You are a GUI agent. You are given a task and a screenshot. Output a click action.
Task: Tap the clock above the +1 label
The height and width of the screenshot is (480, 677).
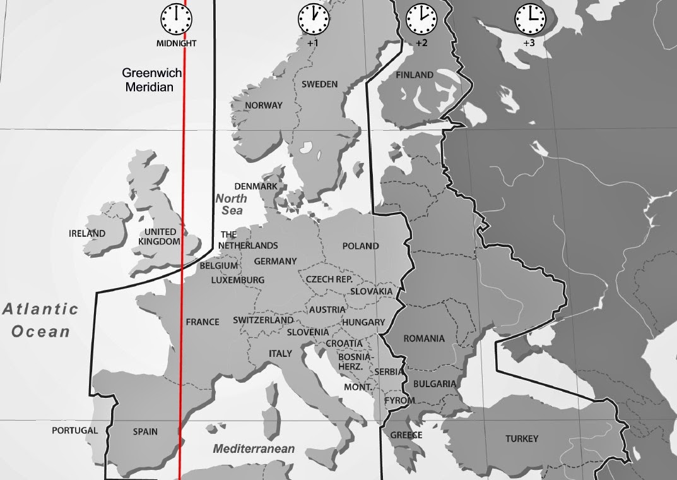coord(314,20)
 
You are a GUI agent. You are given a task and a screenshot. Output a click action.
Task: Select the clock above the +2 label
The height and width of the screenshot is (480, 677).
coord(421,20)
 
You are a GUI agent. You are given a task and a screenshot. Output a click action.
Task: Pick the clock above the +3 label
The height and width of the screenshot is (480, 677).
coord(530,20)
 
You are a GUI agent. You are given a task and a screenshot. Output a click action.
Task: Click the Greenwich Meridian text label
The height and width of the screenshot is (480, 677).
coord(152,80)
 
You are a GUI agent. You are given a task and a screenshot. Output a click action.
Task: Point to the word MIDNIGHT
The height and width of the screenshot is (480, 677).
coord(177,44)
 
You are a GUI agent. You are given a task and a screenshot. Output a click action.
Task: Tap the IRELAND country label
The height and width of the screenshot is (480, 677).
coord(87,234)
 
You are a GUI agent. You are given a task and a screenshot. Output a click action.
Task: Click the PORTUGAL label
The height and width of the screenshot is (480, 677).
coord(75,431)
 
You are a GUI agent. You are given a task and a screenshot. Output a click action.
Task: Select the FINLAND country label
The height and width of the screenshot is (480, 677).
coord(415,75)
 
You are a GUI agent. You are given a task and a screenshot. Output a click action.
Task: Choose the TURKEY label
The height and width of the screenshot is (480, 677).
coord(522,439)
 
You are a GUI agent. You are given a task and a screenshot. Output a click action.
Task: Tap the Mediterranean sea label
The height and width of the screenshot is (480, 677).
coord(254,449)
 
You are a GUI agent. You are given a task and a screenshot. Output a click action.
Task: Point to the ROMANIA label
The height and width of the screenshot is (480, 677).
coord(424,339)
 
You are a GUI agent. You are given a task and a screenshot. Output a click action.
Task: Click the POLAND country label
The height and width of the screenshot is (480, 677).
coord(360,246)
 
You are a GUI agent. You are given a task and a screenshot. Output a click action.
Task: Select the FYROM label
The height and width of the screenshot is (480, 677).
coord(400,400)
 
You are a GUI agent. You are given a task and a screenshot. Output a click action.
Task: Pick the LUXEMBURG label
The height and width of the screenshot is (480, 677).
coord(238,280)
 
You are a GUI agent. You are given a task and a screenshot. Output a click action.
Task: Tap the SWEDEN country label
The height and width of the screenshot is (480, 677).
coord(319,84)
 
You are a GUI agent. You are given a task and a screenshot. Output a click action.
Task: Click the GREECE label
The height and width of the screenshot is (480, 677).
coord(406,435)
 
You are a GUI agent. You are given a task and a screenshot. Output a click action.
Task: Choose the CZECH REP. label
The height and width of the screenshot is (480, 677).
coord(329,279)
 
